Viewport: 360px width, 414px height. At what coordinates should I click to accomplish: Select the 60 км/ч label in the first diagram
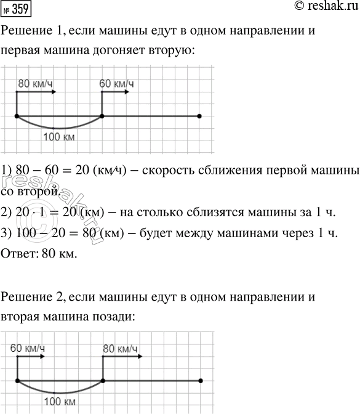click(x=118, y=83)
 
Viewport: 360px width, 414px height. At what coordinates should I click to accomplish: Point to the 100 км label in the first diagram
click(x=60, y=137)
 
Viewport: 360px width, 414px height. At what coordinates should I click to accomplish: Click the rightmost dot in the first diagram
click(x=200, y=116)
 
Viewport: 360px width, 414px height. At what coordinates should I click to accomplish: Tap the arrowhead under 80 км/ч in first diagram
click(x=54, y=92)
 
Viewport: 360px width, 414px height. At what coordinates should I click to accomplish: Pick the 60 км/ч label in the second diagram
click(x=28, y=348)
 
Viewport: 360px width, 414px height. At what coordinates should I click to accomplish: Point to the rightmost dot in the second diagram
click(x=200, y=381)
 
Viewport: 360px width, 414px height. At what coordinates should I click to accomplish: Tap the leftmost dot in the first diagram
click(x=17, y=116)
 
